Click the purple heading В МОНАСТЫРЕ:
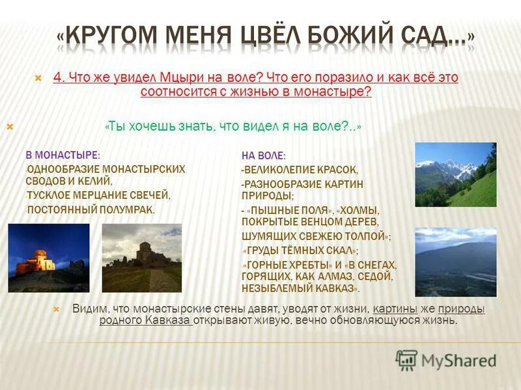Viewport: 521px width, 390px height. (63, 155)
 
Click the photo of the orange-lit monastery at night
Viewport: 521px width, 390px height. (49, 258)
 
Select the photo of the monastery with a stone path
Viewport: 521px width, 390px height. (142, 258)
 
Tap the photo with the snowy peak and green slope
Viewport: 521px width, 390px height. (455, 175)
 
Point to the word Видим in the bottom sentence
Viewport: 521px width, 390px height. (88, 309)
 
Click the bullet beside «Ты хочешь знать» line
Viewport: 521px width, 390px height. (9, 127)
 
